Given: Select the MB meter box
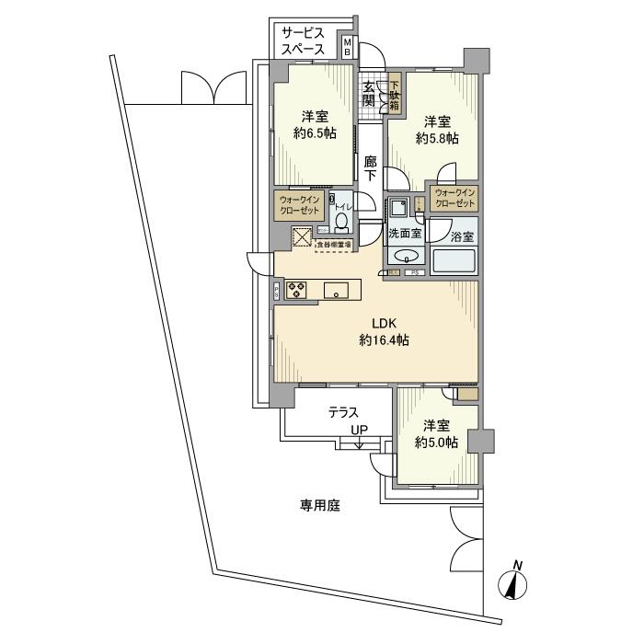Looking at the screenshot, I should point(347,46).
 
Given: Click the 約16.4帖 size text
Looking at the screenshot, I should point(384,340).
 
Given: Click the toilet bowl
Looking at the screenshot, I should point(342,221).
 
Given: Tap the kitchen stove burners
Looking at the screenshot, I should point(298,291).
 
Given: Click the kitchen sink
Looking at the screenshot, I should point(338,292).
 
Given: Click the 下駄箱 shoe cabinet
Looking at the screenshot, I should point(394,94).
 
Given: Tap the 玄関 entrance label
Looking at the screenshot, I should point(368,94).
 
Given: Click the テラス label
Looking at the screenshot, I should point(343,414).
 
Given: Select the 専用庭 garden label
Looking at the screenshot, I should point(320,505).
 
